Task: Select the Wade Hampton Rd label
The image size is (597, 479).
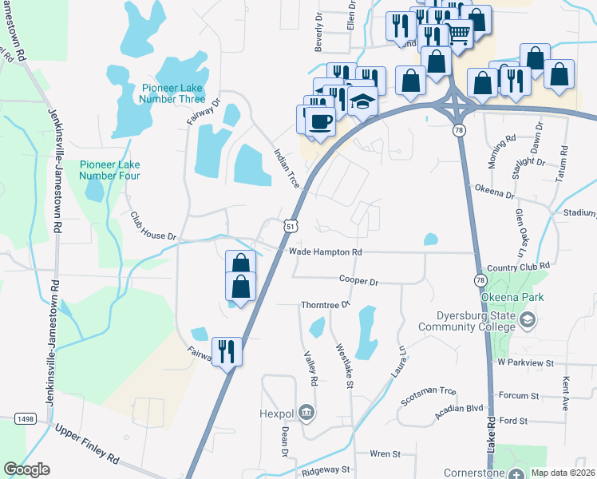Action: (x=326, y=251)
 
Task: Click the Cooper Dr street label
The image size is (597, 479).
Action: (x=358, y=280)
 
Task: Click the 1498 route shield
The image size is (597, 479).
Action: (x=26, y=418)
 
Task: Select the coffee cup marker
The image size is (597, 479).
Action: (x=321, y=122)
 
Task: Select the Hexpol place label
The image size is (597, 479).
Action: (x=277, y=414)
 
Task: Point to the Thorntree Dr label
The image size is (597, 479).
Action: (x=325, y=305)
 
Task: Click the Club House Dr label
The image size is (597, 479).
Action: (x=153, y=227)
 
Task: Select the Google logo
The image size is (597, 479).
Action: (x=27, y=469)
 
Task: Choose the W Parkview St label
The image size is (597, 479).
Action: (x=524, y=362)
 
